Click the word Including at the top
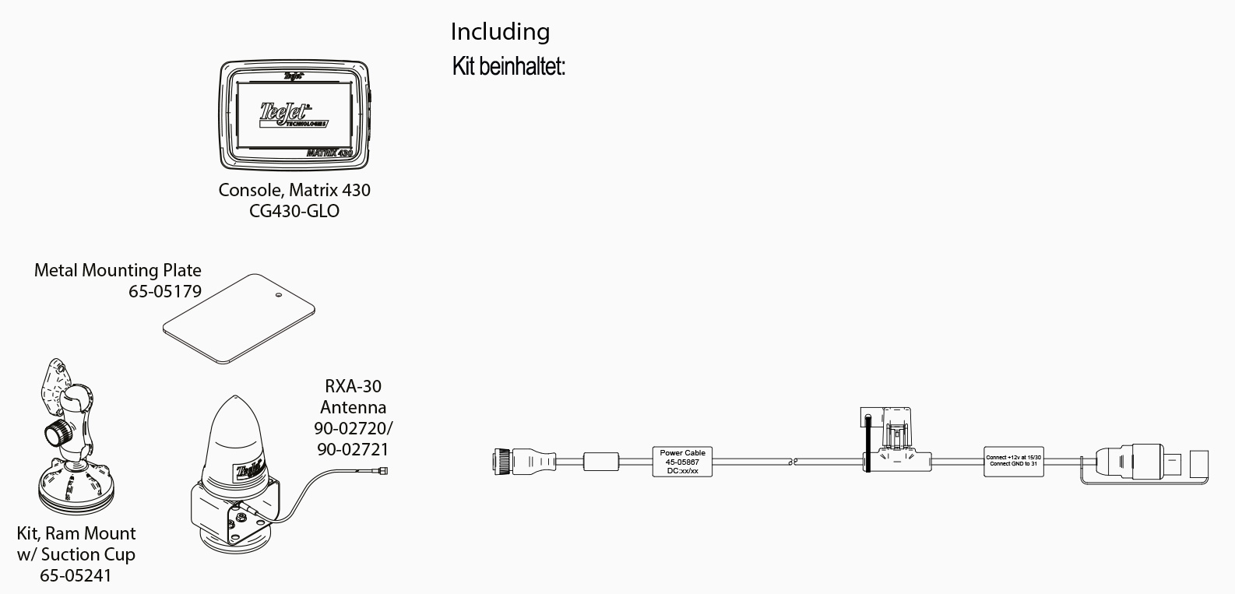(x=500, y=32)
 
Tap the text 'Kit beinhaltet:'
(x=508, y=67)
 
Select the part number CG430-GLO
(x=294, y=211)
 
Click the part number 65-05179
(x=165, y=291)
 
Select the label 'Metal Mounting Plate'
(x=118, y=270)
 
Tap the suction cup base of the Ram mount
(x=76, y=490)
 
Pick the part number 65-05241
(x=76, y=575)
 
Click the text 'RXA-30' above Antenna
(x=353, y=386)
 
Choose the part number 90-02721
(x=352, y=449)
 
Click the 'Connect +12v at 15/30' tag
(x=1013, y=461)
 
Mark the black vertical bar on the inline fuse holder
(x=867, y=443)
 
